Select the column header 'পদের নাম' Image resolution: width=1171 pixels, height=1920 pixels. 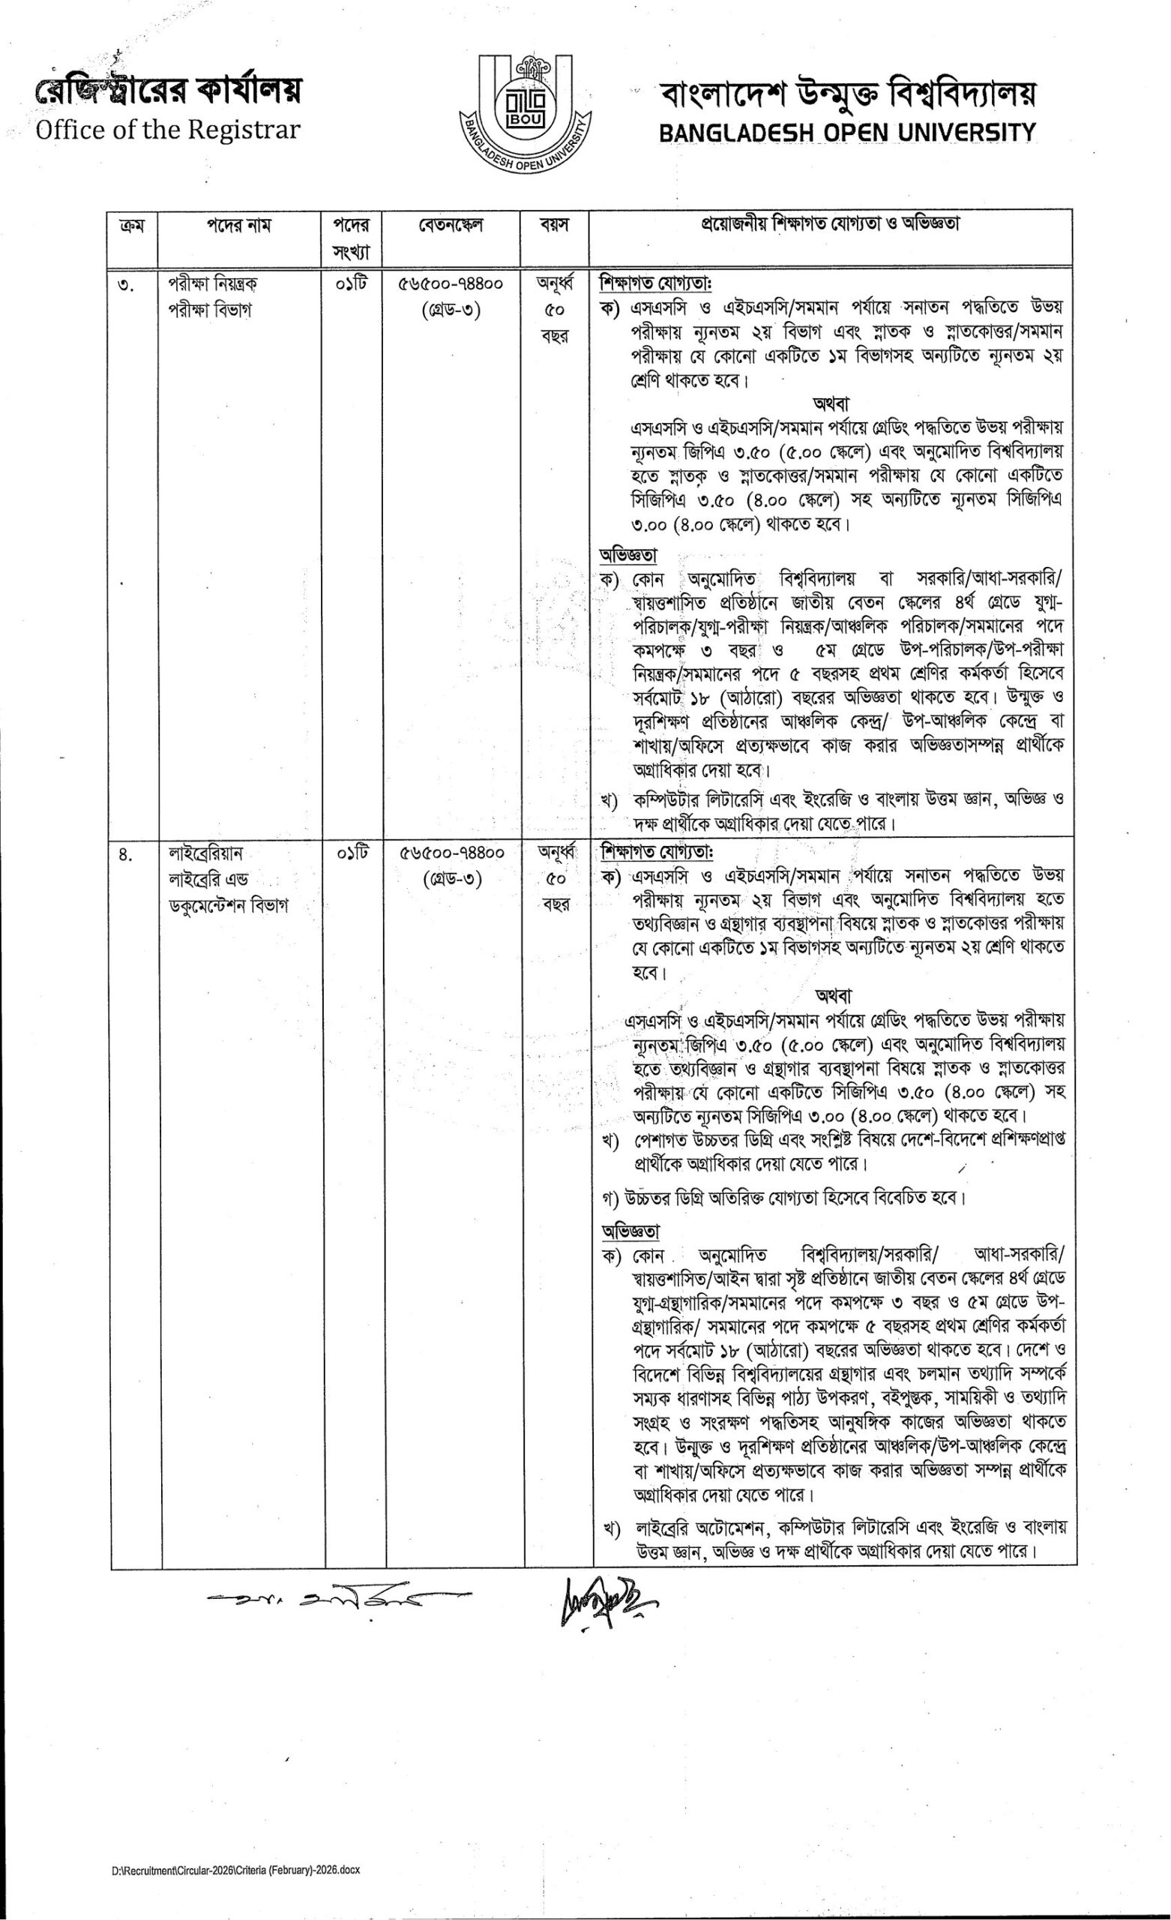point(239,226)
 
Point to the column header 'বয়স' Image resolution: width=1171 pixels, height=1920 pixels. point(554,226)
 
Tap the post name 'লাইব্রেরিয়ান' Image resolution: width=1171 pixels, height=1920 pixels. point(206,853)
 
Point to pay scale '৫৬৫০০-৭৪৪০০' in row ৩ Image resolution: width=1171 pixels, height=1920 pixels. point(452,284)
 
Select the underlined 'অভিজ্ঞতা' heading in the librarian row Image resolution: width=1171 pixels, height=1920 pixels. point(630,1231)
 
